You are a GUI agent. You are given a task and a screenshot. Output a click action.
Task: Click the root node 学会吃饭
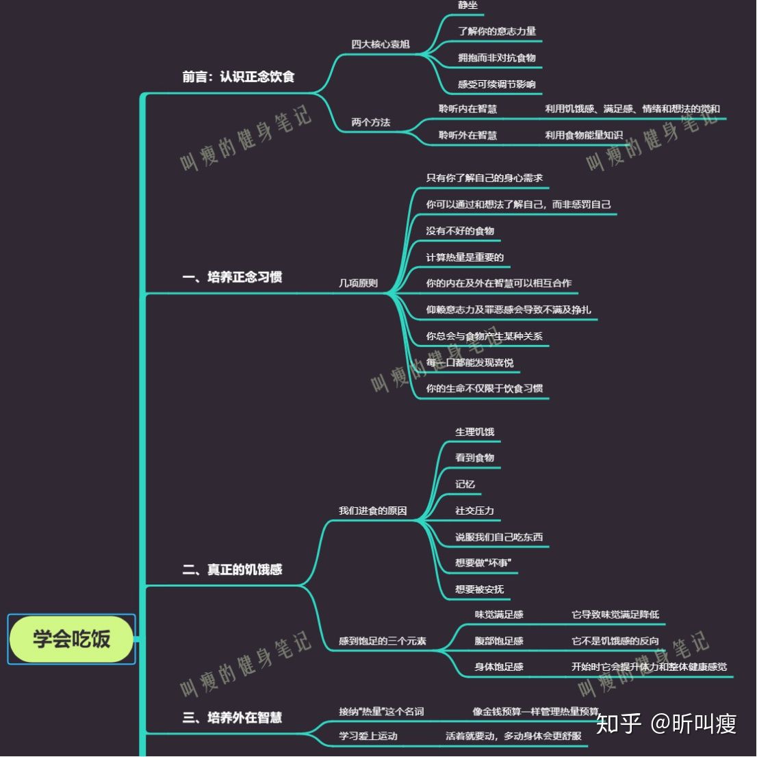(x=71, y=639)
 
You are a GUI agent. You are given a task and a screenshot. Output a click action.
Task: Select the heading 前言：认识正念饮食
(x=238, y=77)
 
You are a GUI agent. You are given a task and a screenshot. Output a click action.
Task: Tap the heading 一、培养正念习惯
(x=232, y=277)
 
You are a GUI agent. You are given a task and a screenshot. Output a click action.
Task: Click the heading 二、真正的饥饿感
(x=232, y=569)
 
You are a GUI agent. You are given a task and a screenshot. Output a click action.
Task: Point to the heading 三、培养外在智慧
(x=232, y=717)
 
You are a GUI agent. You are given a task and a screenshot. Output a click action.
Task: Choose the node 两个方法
(x=370, y=123)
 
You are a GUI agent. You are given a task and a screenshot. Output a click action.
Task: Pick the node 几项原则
(x=358, y=283)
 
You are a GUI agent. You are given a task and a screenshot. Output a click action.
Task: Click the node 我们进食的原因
(x=372, y=511)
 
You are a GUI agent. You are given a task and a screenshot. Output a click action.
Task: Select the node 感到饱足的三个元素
(x=382, y=641)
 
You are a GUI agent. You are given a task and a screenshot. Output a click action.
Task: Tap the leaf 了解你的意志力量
(x=497, y=31)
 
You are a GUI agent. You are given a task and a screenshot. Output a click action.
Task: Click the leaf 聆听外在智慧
(x=467, y=136)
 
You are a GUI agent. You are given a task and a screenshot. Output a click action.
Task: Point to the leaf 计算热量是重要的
(x=465, y=257)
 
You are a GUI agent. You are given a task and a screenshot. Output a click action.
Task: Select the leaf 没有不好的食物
(x=460, y=231)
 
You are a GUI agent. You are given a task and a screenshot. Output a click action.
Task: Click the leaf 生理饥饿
(x=474, y=432)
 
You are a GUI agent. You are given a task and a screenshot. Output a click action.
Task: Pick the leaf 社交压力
(x=474, y=511)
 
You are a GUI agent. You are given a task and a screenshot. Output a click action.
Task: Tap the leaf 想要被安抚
(x=479, y=589)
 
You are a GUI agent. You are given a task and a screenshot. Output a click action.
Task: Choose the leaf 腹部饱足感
(x=499, y=641)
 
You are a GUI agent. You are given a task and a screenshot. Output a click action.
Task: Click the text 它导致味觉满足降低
(x=615, y=615)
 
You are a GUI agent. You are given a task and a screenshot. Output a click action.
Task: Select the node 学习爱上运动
(x=368, y=736)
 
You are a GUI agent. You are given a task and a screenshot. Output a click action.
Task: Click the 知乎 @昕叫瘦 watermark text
(x=666, y=723)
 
